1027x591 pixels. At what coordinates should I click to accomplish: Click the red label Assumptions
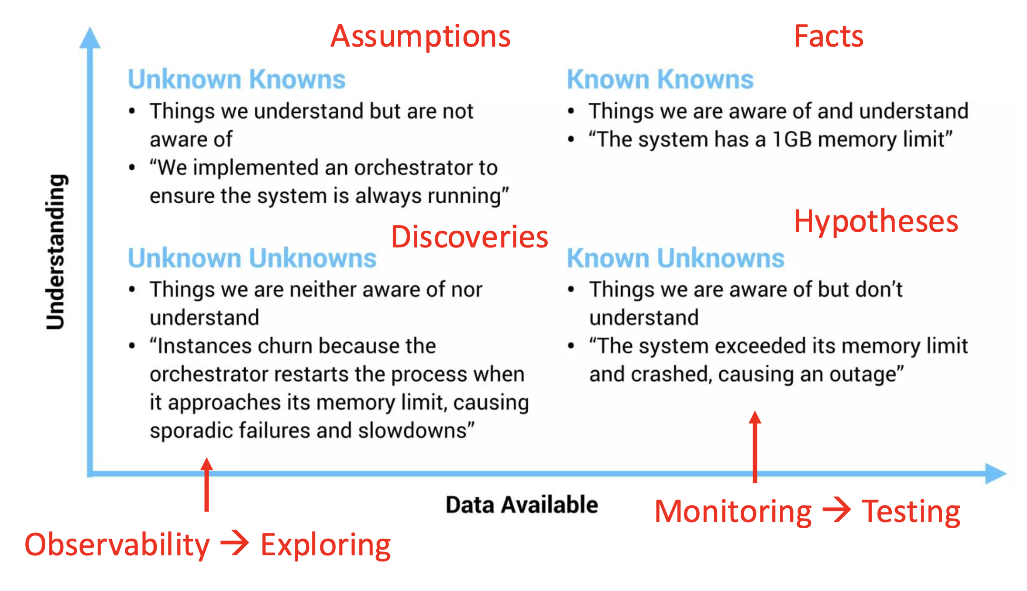click(420, 37)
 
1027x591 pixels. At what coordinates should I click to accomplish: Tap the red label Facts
click(828, 37)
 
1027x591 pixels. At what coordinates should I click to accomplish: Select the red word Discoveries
click(469, 237)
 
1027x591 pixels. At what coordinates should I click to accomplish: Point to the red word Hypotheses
click(876, 222)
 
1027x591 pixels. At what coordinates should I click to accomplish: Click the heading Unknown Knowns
click(236, 79)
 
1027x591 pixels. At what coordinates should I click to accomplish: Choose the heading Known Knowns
click(660, 79)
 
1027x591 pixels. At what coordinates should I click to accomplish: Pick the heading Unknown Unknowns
click(252, 258)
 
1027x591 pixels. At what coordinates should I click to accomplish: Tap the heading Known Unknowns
click(675, 258)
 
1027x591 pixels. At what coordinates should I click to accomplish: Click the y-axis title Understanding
click(56, 252)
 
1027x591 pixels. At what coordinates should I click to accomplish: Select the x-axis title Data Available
click(522, 504)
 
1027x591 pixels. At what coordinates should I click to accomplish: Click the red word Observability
click(117, 545)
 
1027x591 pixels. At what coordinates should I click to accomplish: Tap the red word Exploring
click(325, 545)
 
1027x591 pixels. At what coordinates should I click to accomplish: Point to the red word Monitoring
click(733, 512)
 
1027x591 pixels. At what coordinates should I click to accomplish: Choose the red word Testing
click(911, 512)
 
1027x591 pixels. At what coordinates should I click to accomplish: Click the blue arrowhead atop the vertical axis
click(90, 38)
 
